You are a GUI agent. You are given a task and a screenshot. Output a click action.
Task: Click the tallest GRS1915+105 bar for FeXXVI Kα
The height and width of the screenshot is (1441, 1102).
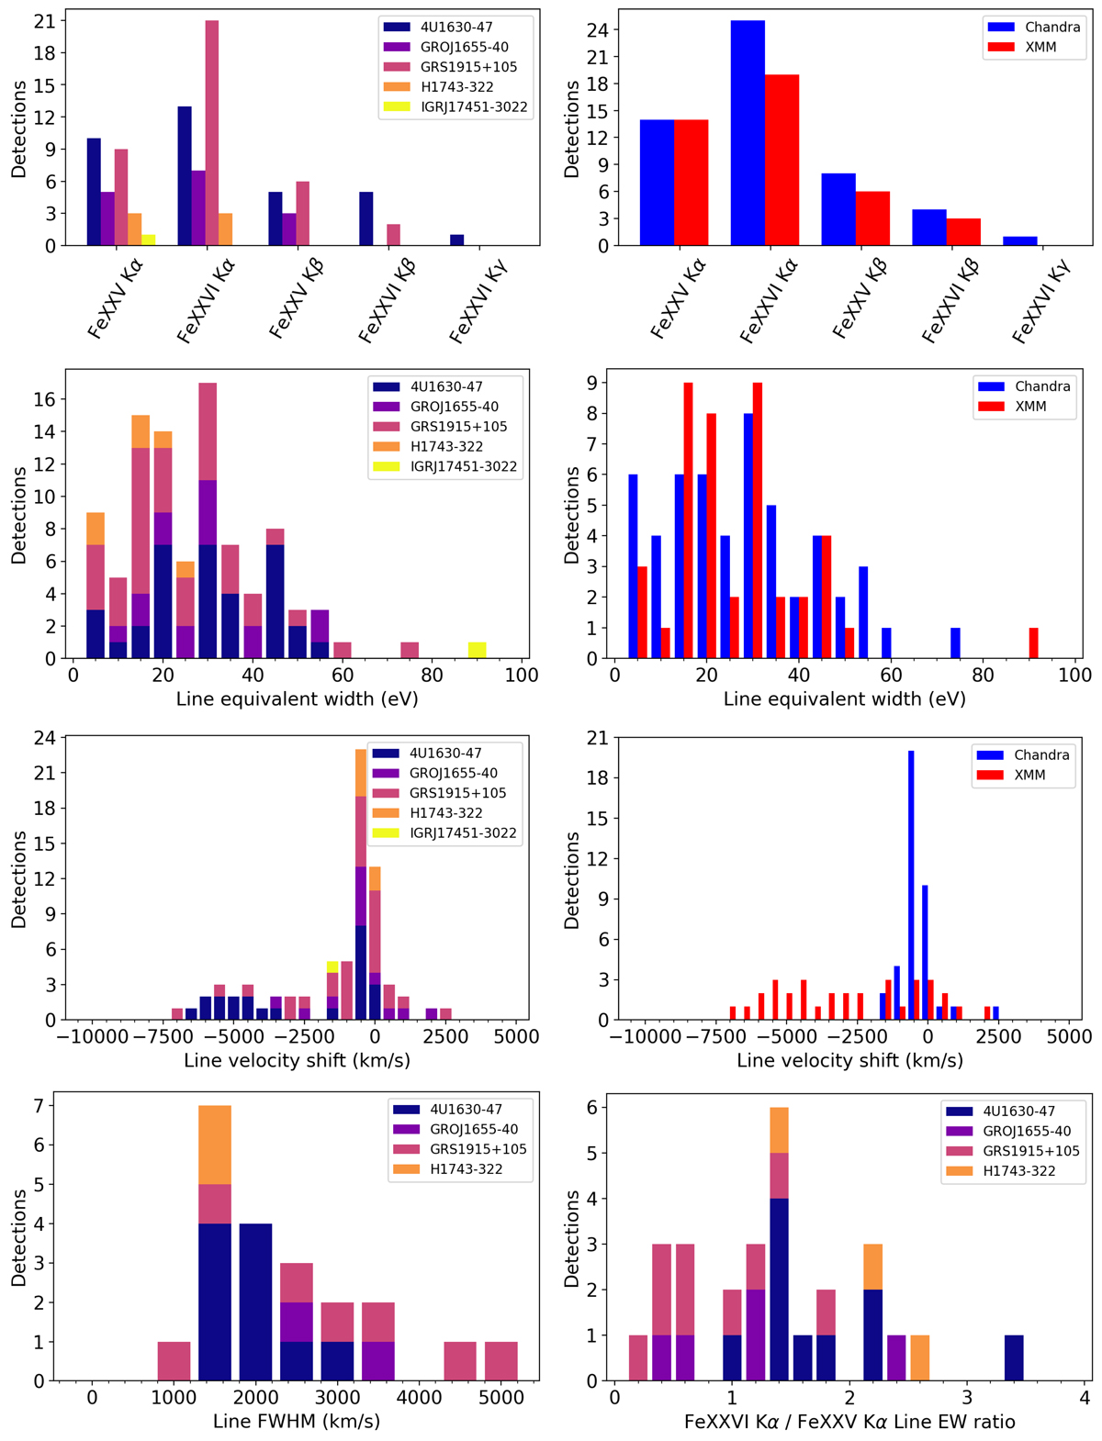click(211, 133)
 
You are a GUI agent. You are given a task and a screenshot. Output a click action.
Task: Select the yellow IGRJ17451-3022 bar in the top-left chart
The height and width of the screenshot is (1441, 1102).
click(148, 240)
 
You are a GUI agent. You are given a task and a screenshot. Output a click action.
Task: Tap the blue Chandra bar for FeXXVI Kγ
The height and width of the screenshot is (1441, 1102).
click(1019, 241)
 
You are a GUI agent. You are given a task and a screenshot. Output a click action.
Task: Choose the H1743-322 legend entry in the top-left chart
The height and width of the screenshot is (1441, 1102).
click(467, 87)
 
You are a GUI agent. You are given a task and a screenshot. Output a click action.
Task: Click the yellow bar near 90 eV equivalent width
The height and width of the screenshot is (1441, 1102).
click(477, 651)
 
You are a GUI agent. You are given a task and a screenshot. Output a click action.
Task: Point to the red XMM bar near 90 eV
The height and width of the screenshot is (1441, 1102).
click(1034, 643)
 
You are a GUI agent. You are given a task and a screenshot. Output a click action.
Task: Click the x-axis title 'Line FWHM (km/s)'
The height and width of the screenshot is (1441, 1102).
click(296, 1422)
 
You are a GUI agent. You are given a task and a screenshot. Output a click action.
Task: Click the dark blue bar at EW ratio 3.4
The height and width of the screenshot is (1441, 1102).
click(1014, 1358)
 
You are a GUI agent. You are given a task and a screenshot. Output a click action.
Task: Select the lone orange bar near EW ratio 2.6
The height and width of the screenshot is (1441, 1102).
click(919, 1358)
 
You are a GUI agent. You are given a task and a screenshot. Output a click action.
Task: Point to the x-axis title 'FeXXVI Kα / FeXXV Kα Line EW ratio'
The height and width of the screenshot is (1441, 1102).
click(849, 1422)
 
